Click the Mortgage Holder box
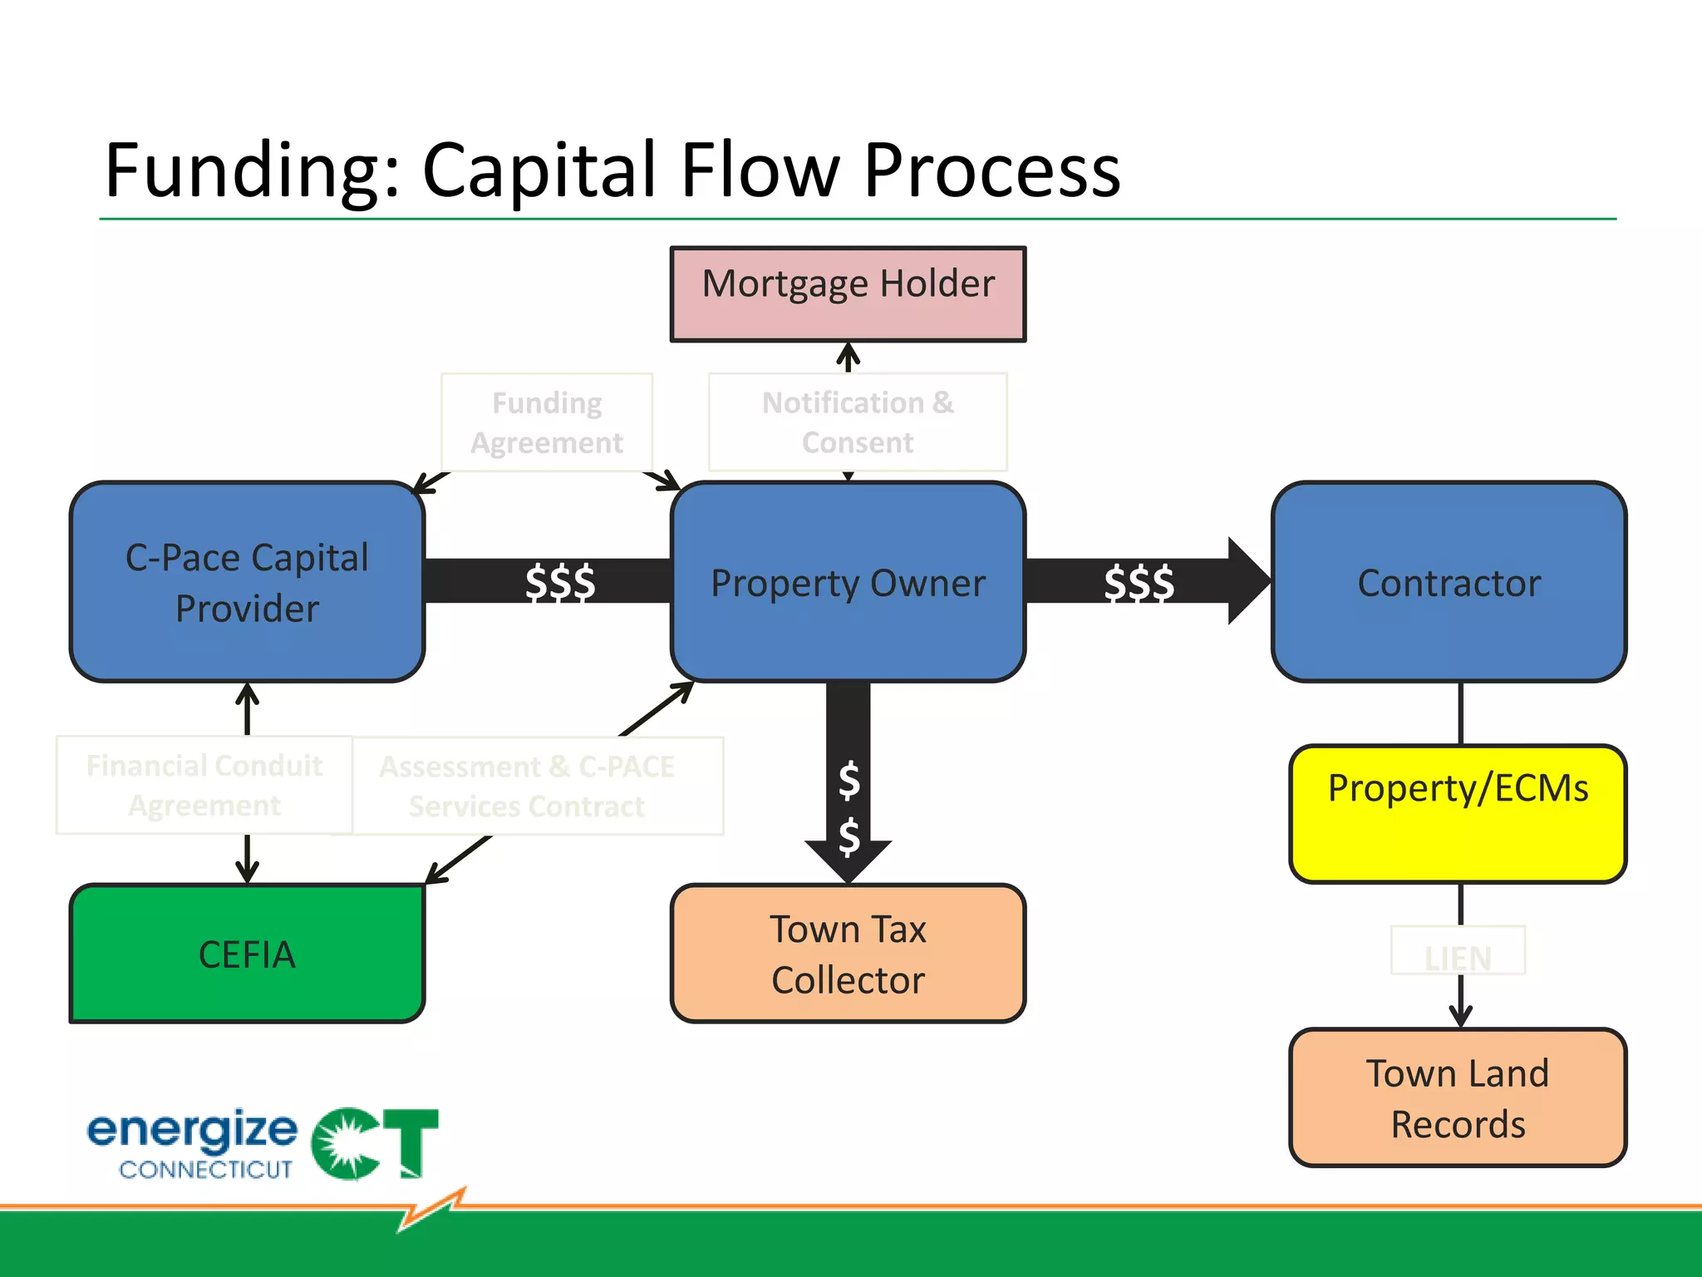(848, 293)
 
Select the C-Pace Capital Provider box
(247, 582)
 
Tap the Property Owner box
(848, 582)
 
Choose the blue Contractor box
(1449, 582)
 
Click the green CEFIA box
(247, 954)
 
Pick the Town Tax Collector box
(848, 954)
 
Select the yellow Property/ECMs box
(1458, 813)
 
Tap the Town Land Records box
(1458, 1097)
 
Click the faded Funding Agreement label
(547, 422)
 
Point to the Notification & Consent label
(858, 422)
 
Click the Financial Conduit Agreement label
(204, 785)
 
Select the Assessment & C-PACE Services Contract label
(527, 786)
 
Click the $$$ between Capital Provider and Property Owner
(560, 582)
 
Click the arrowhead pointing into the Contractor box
(1247, 581)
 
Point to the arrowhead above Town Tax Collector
(848, 860)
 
